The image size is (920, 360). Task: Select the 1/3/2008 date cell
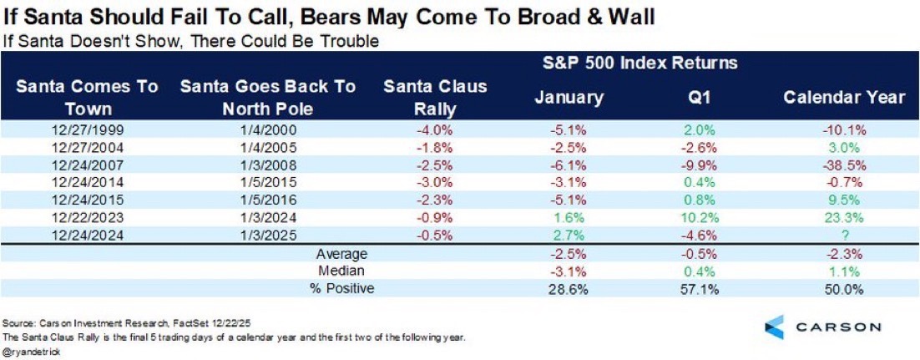[x=268, y=164]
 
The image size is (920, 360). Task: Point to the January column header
[x=569, y=97]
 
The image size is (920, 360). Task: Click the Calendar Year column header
[x=843, y=97]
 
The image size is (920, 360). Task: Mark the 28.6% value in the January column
[x=569, y=288]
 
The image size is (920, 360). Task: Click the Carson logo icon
[x=775, y=326]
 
